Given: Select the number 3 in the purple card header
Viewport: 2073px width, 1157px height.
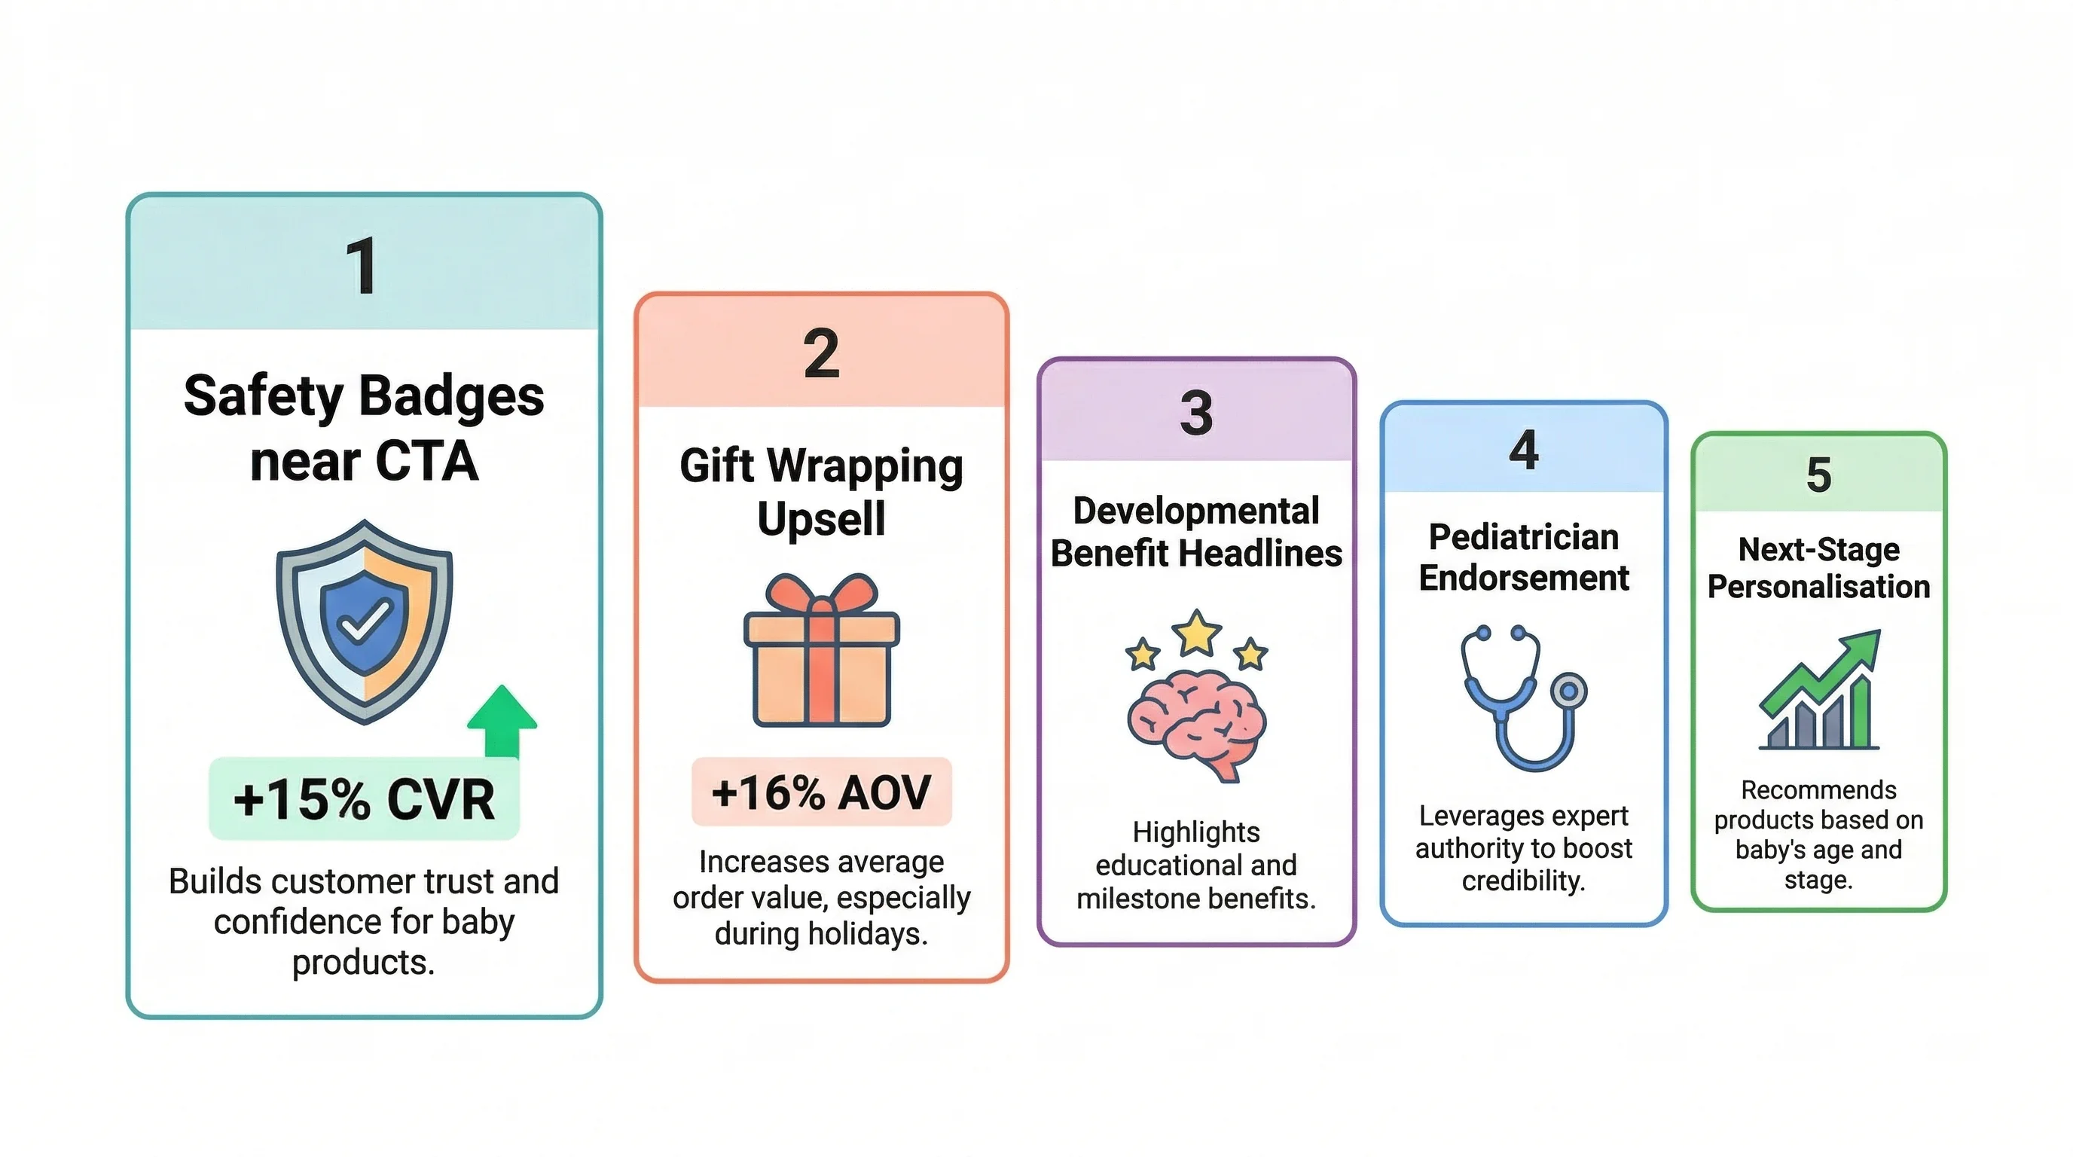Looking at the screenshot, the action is tap(1196, 412).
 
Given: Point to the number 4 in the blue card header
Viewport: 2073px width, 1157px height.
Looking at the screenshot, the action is tap(1523, 449).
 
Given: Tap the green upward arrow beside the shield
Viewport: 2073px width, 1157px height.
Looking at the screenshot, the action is tap(502, 721).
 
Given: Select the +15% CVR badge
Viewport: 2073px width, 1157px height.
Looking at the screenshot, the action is tap(364, 798).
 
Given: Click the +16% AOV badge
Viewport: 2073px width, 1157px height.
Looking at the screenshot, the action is tap(821, 792).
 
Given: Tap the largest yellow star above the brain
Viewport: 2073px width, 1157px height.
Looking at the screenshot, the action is tap(1197, 633).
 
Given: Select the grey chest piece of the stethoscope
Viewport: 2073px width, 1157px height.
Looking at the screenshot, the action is tap(1568, 690).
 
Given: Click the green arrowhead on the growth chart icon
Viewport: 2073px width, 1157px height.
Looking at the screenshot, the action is tap(1861, 648).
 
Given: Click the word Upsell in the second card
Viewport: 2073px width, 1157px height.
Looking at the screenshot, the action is tap(821, 518).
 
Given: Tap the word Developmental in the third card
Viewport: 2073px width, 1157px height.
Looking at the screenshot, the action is tap(1196, 511).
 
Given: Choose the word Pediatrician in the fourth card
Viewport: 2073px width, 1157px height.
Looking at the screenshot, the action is tap(1523, 536).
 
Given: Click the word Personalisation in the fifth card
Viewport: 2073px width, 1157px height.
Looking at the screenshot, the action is tap(1818, 587).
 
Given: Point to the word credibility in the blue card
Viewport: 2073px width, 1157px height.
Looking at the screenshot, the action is tap(1523, 881).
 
